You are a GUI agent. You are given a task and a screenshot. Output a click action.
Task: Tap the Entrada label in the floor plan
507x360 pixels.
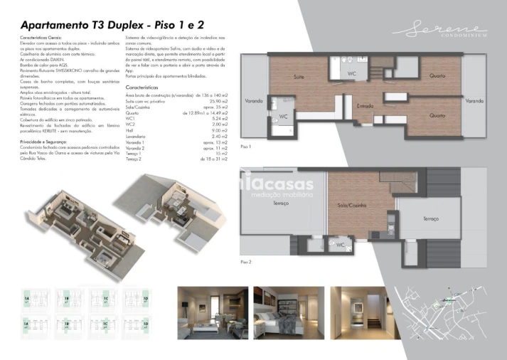pos(365,105)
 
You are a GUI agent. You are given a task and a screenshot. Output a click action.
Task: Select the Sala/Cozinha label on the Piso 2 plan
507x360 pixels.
pos(351,205)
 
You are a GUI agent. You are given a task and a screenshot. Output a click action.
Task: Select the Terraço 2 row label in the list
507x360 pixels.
pos(134,159)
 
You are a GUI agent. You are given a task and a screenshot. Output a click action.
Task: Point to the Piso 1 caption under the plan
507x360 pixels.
pos(246,146)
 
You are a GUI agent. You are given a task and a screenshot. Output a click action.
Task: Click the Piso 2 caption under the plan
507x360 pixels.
pos(246,262)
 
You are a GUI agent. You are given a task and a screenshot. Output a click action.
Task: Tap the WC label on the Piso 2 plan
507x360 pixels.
pos(341,245)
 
